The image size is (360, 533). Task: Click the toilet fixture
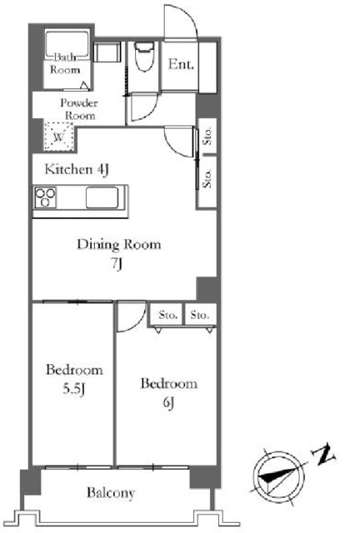[x=144, y=57]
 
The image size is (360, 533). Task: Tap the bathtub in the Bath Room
[x=67, y=46]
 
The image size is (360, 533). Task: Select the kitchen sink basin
[x=102, y=197]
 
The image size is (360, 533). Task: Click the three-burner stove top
[x=45, y=197]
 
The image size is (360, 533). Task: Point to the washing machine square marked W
[x=58, y=137]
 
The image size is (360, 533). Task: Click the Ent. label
[x=181, y=64]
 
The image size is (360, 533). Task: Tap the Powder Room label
[x=79, y=109]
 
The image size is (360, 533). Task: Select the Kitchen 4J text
[x=77, y=169]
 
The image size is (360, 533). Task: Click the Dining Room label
[x=119, y=244]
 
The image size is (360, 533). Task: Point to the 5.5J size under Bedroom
[x=73, y=389]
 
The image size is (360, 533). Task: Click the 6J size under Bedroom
[x=168, y=403]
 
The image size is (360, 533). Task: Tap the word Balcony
[x=111, y=492]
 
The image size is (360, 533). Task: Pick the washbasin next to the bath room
[x=107, y=52]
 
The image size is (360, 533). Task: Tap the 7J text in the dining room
[x=117, y=264]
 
